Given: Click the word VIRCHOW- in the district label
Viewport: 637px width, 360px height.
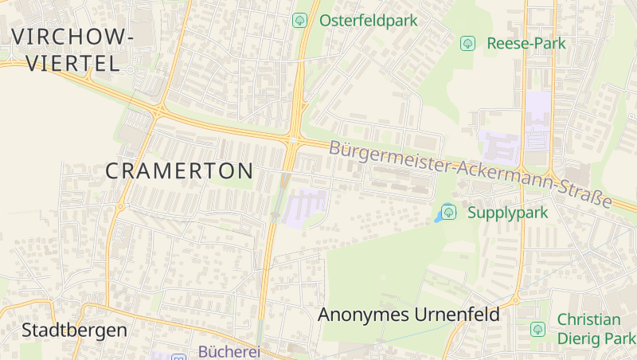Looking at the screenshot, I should pyautogui.click(x=72, y=37).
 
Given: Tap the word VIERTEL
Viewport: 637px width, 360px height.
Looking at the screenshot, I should pyautogui.click(x=72, y=64).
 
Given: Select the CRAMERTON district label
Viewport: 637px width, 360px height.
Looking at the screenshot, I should pyautogui.click(x=179, y=170).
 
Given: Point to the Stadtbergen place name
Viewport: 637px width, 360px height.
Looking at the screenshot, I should pyautogui.click(x=74, y=330).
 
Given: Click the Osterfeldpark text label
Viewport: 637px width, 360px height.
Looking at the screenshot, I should pyautogui.click(x=369, y=21).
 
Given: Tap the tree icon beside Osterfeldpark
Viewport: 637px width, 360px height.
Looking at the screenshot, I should pyautogui.click(x=299, y=21).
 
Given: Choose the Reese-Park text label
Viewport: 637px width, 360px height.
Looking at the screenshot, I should pyautogui.click(x=526, y=43).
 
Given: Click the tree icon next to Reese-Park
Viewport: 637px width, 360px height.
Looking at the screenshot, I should pyautogui.click(x=467, y=43).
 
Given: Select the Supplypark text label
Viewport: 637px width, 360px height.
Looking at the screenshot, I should pyautogui.click(x=496, y=213).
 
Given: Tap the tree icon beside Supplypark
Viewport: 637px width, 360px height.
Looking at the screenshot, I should pyautogui.click(x=448, y=212).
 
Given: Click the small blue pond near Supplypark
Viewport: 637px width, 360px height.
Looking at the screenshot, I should pyautogui.click(x=439, y=217).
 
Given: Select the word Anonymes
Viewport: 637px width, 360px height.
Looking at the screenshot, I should pyautogui.click(x=363, y=315).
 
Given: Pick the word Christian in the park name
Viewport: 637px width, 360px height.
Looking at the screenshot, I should pyautogui.click(x=588, y=320).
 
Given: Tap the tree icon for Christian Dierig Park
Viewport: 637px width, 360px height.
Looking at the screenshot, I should pyautogui.click(x=537, y=328).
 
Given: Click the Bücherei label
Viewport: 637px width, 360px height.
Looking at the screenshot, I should pyautogui.click(x=229, y=351).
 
